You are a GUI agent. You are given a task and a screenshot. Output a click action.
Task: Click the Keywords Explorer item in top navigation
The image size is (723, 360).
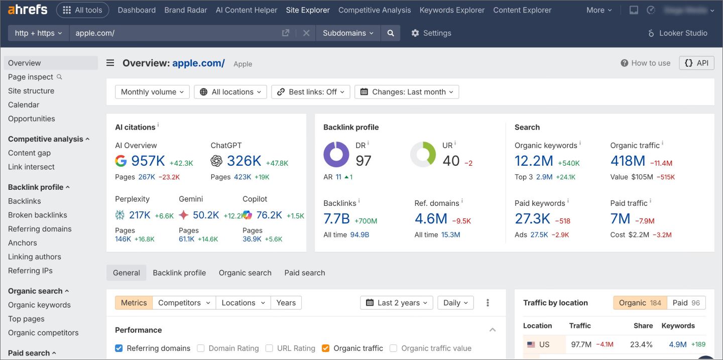(452, 10)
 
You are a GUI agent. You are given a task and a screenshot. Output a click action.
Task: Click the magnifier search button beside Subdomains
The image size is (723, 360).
(391, 33)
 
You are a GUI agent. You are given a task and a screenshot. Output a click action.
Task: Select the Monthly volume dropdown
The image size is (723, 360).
(152, 92)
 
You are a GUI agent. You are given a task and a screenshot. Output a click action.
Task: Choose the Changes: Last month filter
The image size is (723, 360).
(407, 92)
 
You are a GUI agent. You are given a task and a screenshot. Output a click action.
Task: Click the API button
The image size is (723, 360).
(696, 63)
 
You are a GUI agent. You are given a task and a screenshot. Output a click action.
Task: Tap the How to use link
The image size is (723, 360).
(646, 63)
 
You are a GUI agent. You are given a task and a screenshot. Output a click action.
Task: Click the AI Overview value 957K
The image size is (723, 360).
(148, 161)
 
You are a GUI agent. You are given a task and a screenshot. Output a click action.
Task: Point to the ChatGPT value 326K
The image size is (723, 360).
(244, 161)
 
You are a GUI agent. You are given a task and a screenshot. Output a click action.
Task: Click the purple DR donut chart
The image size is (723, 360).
(336, 154)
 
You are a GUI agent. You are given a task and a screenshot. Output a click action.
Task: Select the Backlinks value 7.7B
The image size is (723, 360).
(336, 219)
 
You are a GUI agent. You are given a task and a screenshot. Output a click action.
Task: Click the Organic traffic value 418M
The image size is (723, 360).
(628, 161)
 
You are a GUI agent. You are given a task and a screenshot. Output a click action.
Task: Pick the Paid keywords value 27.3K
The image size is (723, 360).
(533, 219)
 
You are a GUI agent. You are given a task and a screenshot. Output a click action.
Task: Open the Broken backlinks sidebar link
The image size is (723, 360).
(38, 215)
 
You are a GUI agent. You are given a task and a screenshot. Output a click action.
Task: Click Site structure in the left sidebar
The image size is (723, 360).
(31, 91)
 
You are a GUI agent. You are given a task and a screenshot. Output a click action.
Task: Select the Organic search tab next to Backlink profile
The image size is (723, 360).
(245, 273)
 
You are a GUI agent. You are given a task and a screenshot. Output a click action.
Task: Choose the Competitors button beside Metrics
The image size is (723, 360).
(179, 303)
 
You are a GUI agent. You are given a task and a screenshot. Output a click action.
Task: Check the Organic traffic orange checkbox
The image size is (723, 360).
(325, 348)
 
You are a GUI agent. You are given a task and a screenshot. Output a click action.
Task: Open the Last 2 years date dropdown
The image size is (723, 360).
(396, 303)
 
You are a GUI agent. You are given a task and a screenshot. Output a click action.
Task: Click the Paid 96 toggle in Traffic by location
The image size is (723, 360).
(686, 303)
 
